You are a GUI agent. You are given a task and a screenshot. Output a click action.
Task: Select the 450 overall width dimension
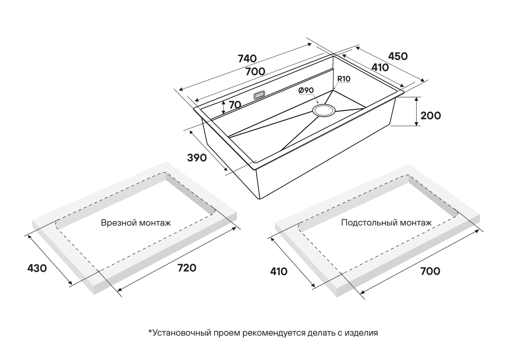398,56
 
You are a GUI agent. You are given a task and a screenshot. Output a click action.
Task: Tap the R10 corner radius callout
344,79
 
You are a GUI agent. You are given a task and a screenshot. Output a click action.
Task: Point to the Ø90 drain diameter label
306,90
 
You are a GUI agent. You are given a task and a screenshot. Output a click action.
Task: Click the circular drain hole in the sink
323,110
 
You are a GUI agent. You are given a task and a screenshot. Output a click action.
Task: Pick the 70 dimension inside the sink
235,105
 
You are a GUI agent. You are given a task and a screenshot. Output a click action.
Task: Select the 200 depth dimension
430,115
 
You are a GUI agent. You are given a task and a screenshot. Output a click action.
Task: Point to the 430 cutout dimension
37,268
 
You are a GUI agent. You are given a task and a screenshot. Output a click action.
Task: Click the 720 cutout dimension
186,268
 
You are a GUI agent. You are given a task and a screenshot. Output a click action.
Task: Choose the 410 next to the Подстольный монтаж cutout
278,271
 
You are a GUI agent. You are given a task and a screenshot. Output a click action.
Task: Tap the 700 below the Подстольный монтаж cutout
429,271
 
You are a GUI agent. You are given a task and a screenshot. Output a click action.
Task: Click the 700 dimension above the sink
255,71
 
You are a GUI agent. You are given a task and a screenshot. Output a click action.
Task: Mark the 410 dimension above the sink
380,68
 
